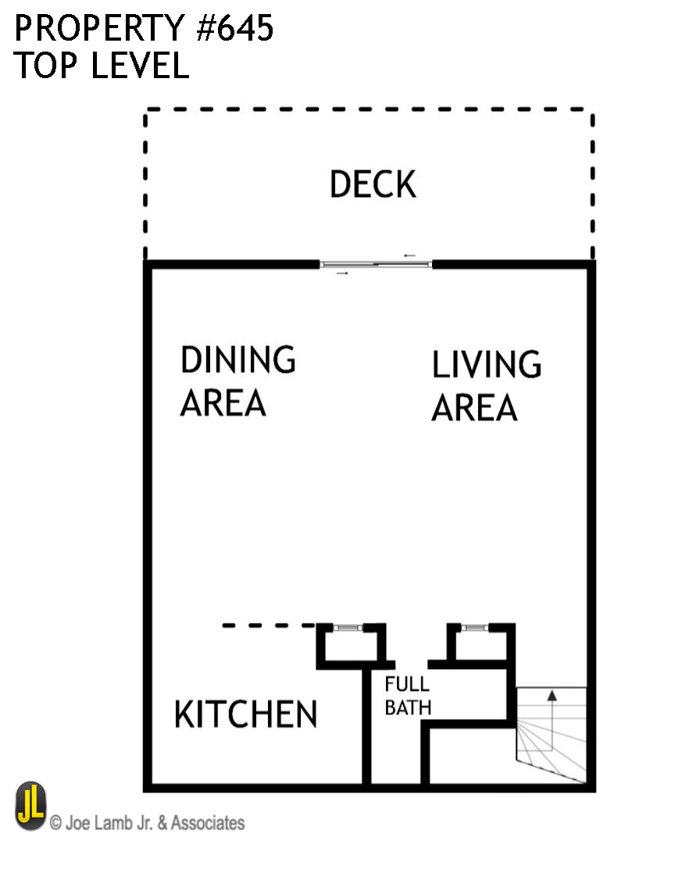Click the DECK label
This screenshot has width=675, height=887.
pyautogui.click(x=373, y=184)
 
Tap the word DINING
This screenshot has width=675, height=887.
pyautogui.click(x=237, y=359)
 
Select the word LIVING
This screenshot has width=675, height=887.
pyautogui.click(x=486, y=365)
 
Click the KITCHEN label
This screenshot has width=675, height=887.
pyautogui.click(x=245, y=714)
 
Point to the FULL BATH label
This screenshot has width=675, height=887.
pyautogui.click(x=407, y=696)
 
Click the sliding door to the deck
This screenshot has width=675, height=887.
pyautogui.click(x=376, y=265)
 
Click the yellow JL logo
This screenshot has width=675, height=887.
pyautogui.click(x=30, y=807)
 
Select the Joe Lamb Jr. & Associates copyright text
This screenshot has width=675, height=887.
pyautogui.click(x=147, y=823)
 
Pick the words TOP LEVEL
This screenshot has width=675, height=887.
pyautogui.click(x=102, y=66)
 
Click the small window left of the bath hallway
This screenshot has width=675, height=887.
pyautogui.click(x=348, y=628)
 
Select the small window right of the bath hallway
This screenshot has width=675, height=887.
pyautogui.click(x=473, y=628)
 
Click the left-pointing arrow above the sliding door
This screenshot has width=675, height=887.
pyautogui.click(x=409, y=256)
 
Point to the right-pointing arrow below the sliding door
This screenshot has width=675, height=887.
pyautogui.click(x=341, y=274)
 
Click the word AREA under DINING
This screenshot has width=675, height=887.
pyautogui.click(x=223, y=403)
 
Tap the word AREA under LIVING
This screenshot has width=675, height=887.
pyautogui.click(x=474, y=408)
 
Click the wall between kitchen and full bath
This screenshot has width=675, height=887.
pyautogui.click(x=366, y=723)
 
